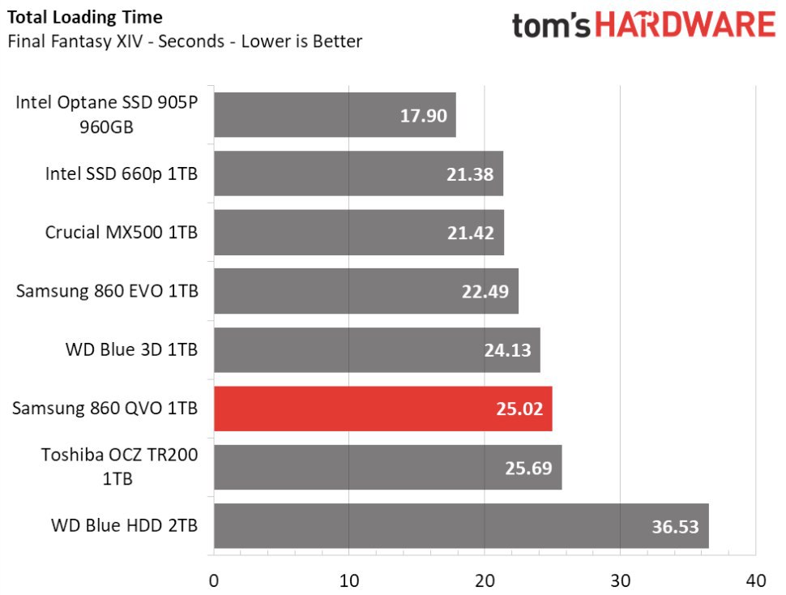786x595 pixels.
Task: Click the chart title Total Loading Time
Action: coord(84,17)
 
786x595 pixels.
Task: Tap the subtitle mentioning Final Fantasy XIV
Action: coord(184,41)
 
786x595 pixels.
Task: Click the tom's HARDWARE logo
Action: coord(643,24)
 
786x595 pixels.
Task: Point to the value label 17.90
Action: coord(423,115)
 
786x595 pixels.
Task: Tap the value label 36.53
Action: coord(675,526)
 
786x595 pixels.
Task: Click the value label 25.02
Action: coord(519,409)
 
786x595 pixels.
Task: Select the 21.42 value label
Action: coord(471,233)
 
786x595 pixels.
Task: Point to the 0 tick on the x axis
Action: coord(213,580)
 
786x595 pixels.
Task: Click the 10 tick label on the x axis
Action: coord(348,580)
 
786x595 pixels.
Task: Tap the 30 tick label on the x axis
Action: coord(620,580)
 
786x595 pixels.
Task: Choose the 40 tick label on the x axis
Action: coord(755,580)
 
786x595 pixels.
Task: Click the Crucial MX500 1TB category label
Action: coord(121,233)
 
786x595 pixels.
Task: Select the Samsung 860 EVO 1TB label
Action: coord(106,291)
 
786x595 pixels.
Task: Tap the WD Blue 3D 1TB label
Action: coord(131,350)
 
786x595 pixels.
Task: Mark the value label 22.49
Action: coord(485,291)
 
